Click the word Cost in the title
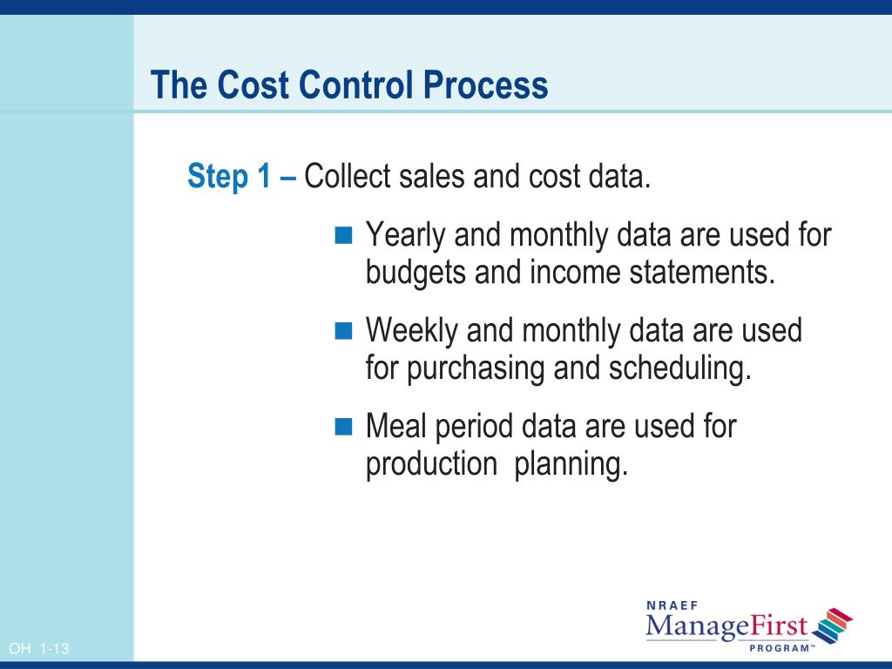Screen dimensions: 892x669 click(253, 84)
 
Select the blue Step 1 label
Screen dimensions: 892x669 click(229, 176)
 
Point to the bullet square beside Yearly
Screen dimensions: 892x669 click(343, 234)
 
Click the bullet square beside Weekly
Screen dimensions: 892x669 click(343, 330)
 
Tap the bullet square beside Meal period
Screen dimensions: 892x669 click(343, 425)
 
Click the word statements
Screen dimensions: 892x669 click(702, 272)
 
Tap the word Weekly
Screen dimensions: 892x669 click(412, 331)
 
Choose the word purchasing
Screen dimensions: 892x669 click(476, 368)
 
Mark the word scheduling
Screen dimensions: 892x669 click(680, 368)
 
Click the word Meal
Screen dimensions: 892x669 click(396, 425)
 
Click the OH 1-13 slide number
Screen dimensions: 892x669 click(38, 648)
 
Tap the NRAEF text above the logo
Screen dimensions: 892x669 click(672, 605)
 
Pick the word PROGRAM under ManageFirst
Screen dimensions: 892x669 click(780, 648)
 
